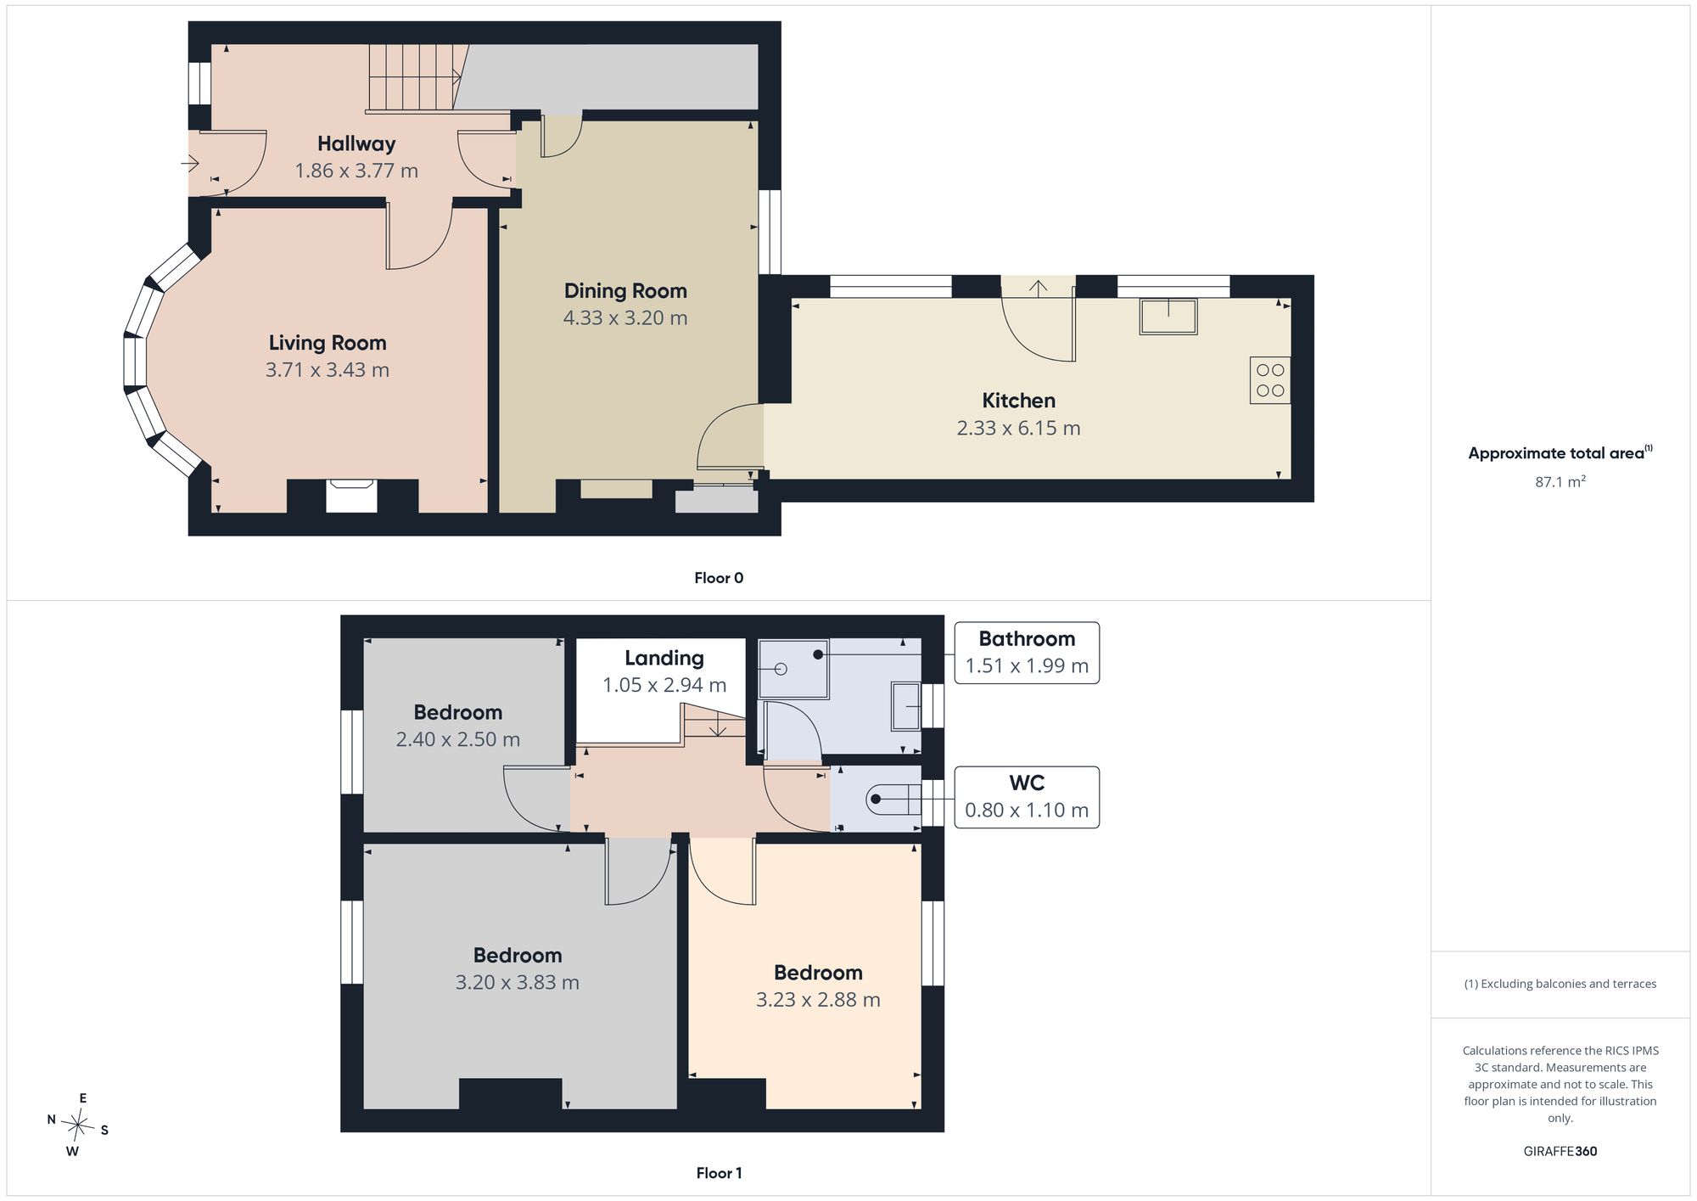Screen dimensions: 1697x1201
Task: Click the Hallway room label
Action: pyautogui.click(x=356, y=143)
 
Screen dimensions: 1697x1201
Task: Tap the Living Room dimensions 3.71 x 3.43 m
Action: pyautogui.click(x=328, y=370)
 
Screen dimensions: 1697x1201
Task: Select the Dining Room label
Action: pyautogui.click(x=625, y=291)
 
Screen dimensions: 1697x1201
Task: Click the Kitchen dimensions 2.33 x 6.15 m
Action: pyautogui.click(x=1018, y=428)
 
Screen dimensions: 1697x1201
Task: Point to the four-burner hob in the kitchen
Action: pyautogui.click(x=1270, y=380)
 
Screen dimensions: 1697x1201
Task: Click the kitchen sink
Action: pyautogui.click(x=1168, y=317)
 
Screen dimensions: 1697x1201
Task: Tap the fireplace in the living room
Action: pyautogui.click(x=351, y=496)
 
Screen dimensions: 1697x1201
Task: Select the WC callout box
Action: pyautogui.click(x=1027, y=797)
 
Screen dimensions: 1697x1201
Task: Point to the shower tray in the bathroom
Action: pyautogui.click(x=793, y=669)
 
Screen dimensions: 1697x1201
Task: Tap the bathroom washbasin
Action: pyautogui.click(x=905, y=706)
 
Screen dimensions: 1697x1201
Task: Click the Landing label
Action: pyautogui.click(x=664, y=658)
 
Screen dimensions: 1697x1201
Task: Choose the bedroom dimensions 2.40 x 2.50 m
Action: pyautogui.click(x=458, y=739)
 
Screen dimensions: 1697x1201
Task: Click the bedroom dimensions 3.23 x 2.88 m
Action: pyautogui.click(x=818, y=1000)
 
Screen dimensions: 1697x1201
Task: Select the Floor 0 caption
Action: pyautogui.click(x=719, y=578)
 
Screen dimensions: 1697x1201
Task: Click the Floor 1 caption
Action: pyautogui.click(x=719, y=1173)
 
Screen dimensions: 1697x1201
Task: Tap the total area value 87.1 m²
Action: pyautogui.click(x=1560, y=481)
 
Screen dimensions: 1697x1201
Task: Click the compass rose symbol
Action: pyautogui.click(x=78, y=1126)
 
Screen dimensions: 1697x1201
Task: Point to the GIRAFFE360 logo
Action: pyautogui.click(x=1560, y=1152)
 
